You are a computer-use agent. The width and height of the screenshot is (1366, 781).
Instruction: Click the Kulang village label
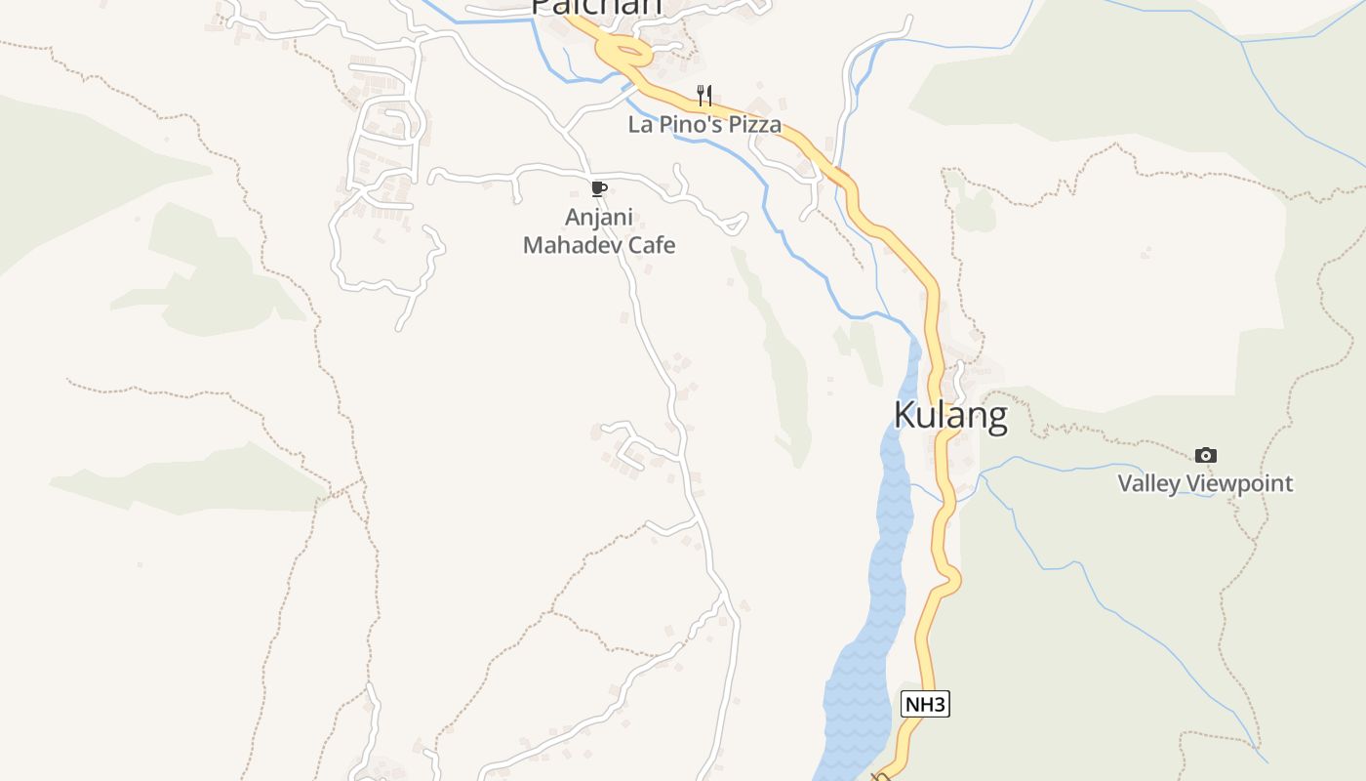pyautogui.click(x=950, y=416)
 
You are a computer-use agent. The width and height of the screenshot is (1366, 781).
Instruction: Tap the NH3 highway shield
pyautogui.click(x=924, y=704)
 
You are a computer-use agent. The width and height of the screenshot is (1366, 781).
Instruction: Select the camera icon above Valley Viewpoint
pyautogui.click(x=1206, y=455)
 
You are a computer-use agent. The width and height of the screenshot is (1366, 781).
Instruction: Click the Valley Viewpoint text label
pyautogui.click(x=1205, y=483)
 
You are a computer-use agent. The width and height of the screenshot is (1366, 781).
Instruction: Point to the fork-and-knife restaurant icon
pyautogui.click(x=704, y=96)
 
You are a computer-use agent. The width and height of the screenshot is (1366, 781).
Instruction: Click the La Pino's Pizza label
pyautogui.click(x=704, y=125)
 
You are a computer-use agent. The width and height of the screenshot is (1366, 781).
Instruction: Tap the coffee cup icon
pyautogui.click(x=599, y=188)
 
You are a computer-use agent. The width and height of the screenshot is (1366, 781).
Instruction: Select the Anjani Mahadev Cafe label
pyautogui.click(x=599, y=230)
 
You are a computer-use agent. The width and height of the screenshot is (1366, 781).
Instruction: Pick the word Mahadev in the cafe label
pyautogui.click(x=573, y=245)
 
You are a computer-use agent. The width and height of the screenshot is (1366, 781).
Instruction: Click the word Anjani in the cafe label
pyautogui.click(x=599, y=217)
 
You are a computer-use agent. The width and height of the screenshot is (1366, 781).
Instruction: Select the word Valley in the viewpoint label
pyautogui.click(x=1148, y=483)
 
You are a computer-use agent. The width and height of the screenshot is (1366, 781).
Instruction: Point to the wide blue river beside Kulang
pyautogui.click(x=878, y=586)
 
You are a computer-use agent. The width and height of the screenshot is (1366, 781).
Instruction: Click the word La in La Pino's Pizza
pyautogui.click(x=640, y=125)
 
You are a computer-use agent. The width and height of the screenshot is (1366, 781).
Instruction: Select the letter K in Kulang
pyautogui.click(x=904, y=416)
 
